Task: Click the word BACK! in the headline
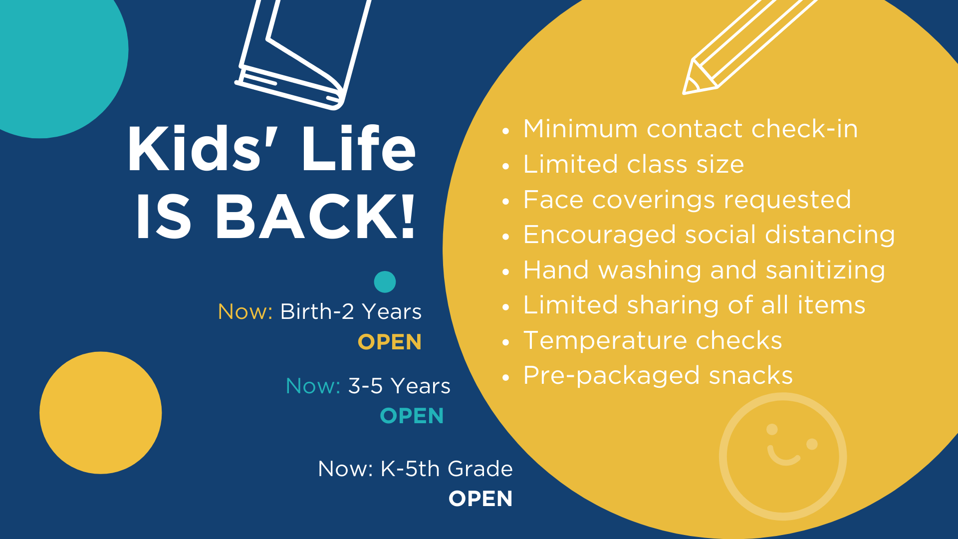(315, 217)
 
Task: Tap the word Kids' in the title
(195, 148)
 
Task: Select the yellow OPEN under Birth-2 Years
(390, 342)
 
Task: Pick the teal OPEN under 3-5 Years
(412, 416)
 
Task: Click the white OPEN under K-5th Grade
(480, 499)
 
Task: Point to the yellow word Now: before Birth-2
(245, 311)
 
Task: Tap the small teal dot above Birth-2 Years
(385, 282)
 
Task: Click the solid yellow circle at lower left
(101, 413)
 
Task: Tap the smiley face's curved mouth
(783, 456)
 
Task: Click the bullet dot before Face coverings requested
(506, 202)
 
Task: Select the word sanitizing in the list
(825, 270)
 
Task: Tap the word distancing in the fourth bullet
(830, 235)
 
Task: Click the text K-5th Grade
(447, 469)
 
